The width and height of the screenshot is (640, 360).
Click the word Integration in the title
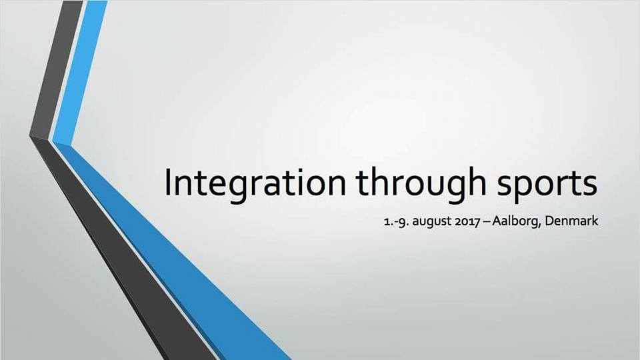coord(255,183)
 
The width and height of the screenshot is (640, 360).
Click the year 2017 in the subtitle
coord(467,221)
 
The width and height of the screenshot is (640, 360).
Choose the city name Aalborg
coord(516,221)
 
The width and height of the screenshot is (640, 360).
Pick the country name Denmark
coord(571,221)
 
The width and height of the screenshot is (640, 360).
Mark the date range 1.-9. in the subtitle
coord(396,221)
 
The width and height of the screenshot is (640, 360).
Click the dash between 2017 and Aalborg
coord(486,222)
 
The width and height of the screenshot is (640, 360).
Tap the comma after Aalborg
coord(541,225)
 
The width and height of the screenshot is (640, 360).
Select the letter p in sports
coord(523,189)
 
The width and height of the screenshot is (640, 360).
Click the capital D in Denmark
coord(550,221)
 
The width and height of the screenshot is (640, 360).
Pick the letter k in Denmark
coord(595,221)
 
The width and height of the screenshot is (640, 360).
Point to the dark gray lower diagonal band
coord(123,249)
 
